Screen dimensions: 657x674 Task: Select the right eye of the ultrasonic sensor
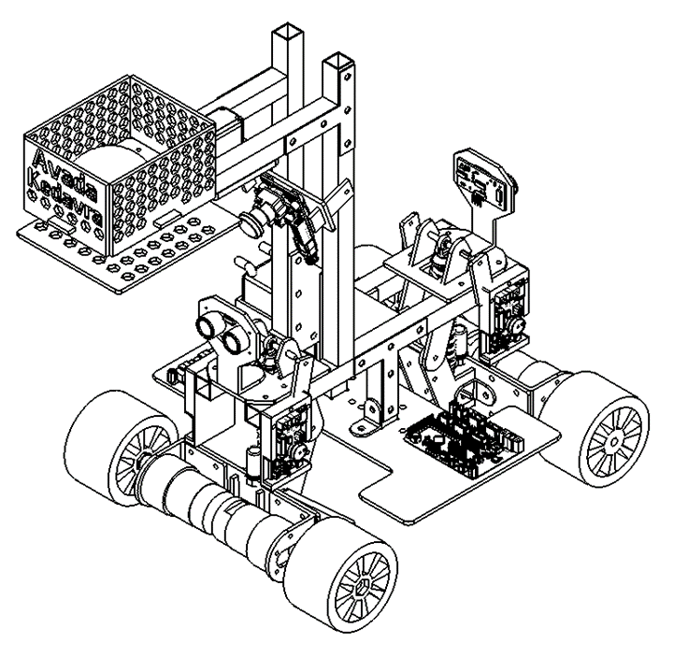[x=232, y=339]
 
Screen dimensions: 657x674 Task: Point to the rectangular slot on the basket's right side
[x=167, y=218]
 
